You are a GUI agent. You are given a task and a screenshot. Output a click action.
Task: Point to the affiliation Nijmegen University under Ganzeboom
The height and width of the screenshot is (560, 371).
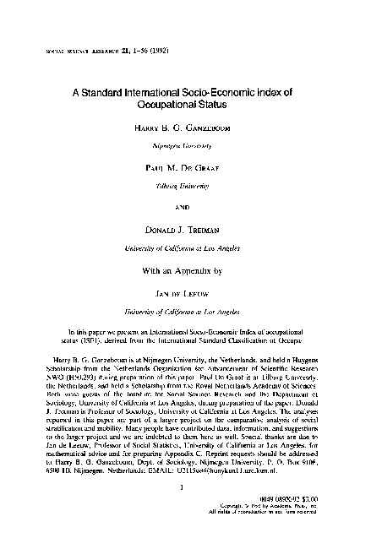pyautogui.click(x=186, y=146)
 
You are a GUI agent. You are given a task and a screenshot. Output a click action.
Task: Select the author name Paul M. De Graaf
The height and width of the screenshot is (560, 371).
pyautogui.click(x=186, y=169)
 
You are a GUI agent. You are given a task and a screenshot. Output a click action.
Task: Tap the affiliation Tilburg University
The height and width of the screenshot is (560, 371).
pyautogui.click(x=186, y=183)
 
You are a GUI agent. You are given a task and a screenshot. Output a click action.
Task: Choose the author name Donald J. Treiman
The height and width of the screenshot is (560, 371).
pyautogui.click(x=186, y=229)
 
